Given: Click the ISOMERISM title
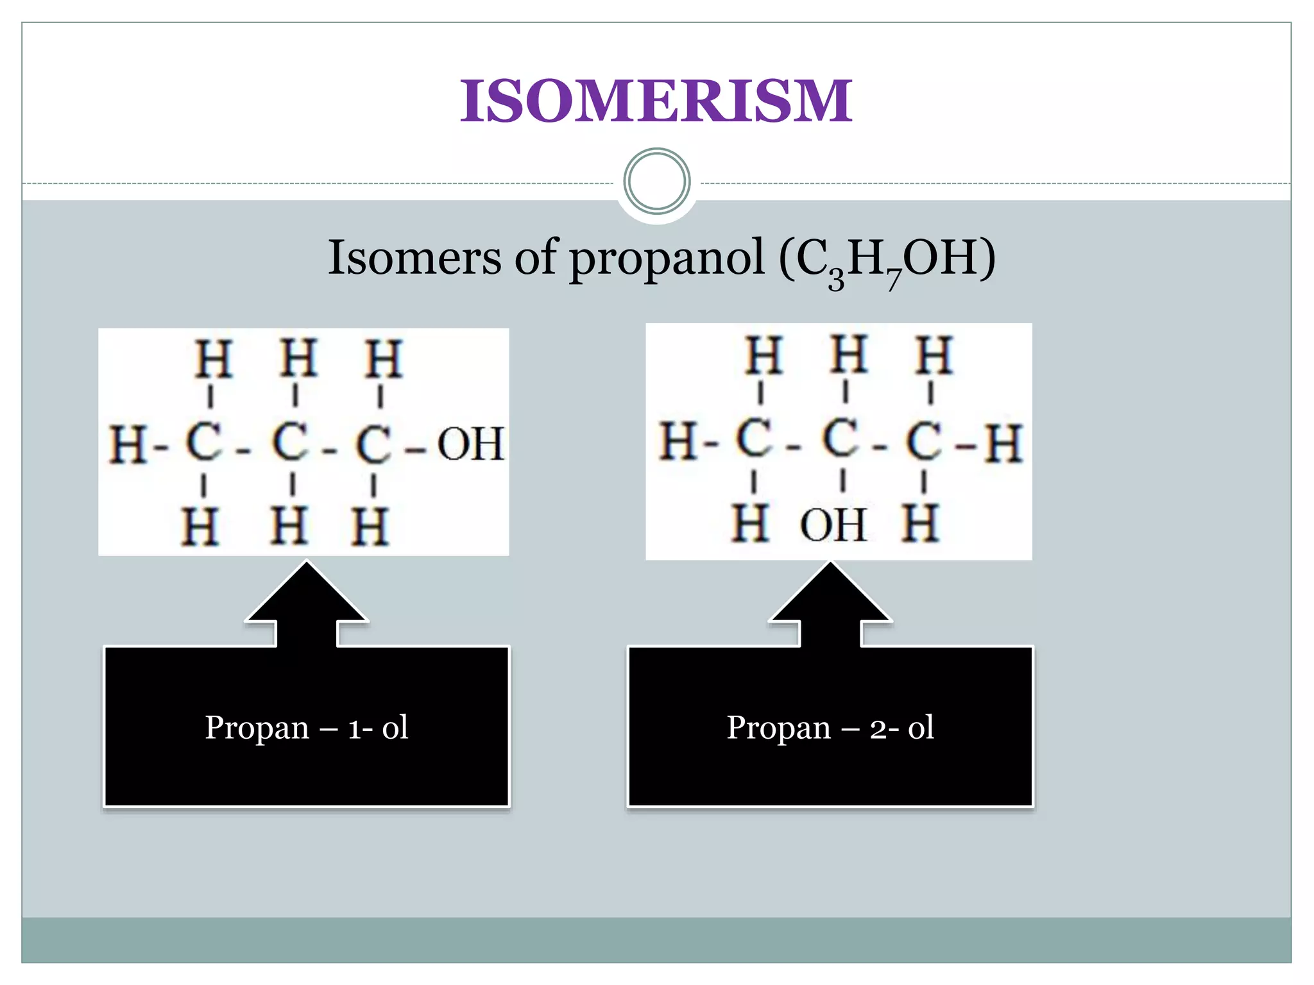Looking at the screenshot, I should (x=656, y=101).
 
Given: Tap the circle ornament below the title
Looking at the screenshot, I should (x=656, y=181).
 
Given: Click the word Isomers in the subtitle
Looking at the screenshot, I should (x=414, y=258).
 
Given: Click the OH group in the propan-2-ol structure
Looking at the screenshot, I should (x=833, y=525).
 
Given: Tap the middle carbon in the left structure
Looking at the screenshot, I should (x=290, y=442).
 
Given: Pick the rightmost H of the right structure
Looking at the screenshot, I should (x=1003, y=442).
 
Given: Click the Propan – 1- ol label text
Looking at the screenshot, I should (x=307, y=727).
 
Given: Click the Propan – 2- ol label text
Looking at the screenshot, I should (x=830, y=727).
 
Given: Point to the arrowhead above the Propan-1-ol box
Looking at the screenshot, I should (x=307, y=593).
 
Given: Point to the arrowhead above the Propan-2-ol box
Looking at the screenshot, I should (x=830, y=593).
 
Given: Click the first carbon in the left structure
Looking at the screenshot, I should (x=204, y=442).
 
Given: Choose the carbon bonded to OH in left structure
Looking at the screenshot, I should (x=373, y=443).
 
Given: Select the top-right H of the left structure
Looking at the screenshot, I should (x=383, y=359).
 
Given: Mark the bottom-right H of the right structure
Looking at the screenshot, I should (x=921, y=523).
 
